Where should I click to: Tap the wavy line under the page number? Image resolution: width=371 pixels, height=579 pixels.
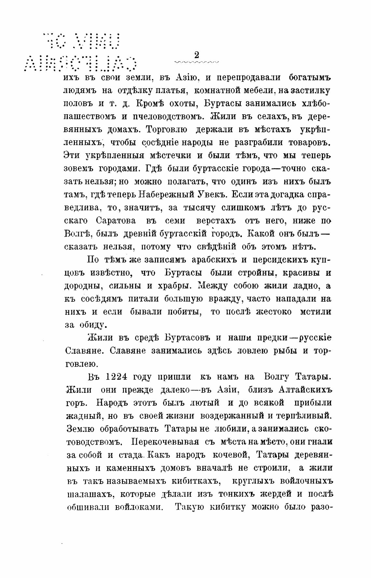197,62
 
